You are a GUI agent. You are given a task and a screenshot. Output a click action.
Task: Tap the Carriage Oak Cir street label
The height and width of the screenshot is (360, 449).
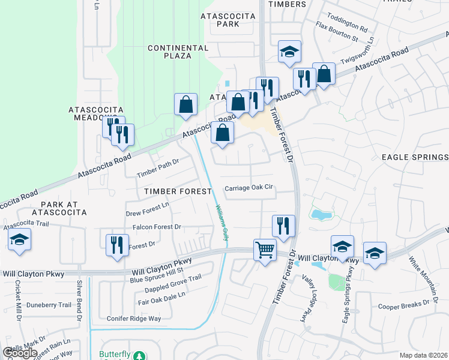(x=249, y=188)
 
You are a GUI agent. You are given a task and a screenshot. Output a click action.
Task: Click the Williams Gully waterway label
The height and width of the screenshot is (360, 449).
(x=221, y=223)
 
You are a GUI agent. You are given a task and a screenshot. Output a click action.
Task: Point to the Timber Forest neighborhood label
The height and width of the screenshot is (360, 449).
(x=178, y=191)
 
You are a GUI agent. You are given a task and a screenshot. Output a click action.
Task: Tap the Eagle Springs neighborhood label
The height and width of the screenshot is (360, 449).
(x=415, y=157)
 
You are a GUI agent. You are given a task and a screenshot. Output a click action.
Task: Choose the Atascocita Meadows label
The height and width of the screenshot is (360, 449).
(x=96, y=114)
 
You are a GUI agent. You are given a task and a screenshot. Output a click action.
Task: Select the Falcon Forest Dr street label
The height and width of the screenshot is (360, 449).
(x=157, y=227)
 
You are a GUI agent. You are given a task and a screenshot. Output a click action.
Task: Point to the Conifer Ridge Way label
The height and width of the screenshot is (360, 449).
(x=134, y=319)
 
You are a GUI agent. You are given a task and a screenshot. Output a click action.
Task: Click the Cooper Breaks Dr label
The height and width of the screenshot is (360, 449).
(x=403, y=306)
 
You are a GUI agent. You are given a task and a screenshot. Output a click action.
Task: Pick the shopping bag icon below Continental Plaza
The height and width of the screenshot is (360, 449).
(x=186, y=104)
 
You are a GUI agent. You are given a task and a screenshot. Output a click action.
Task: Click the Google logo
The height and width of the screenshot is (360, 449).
(x=20, y=353)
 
